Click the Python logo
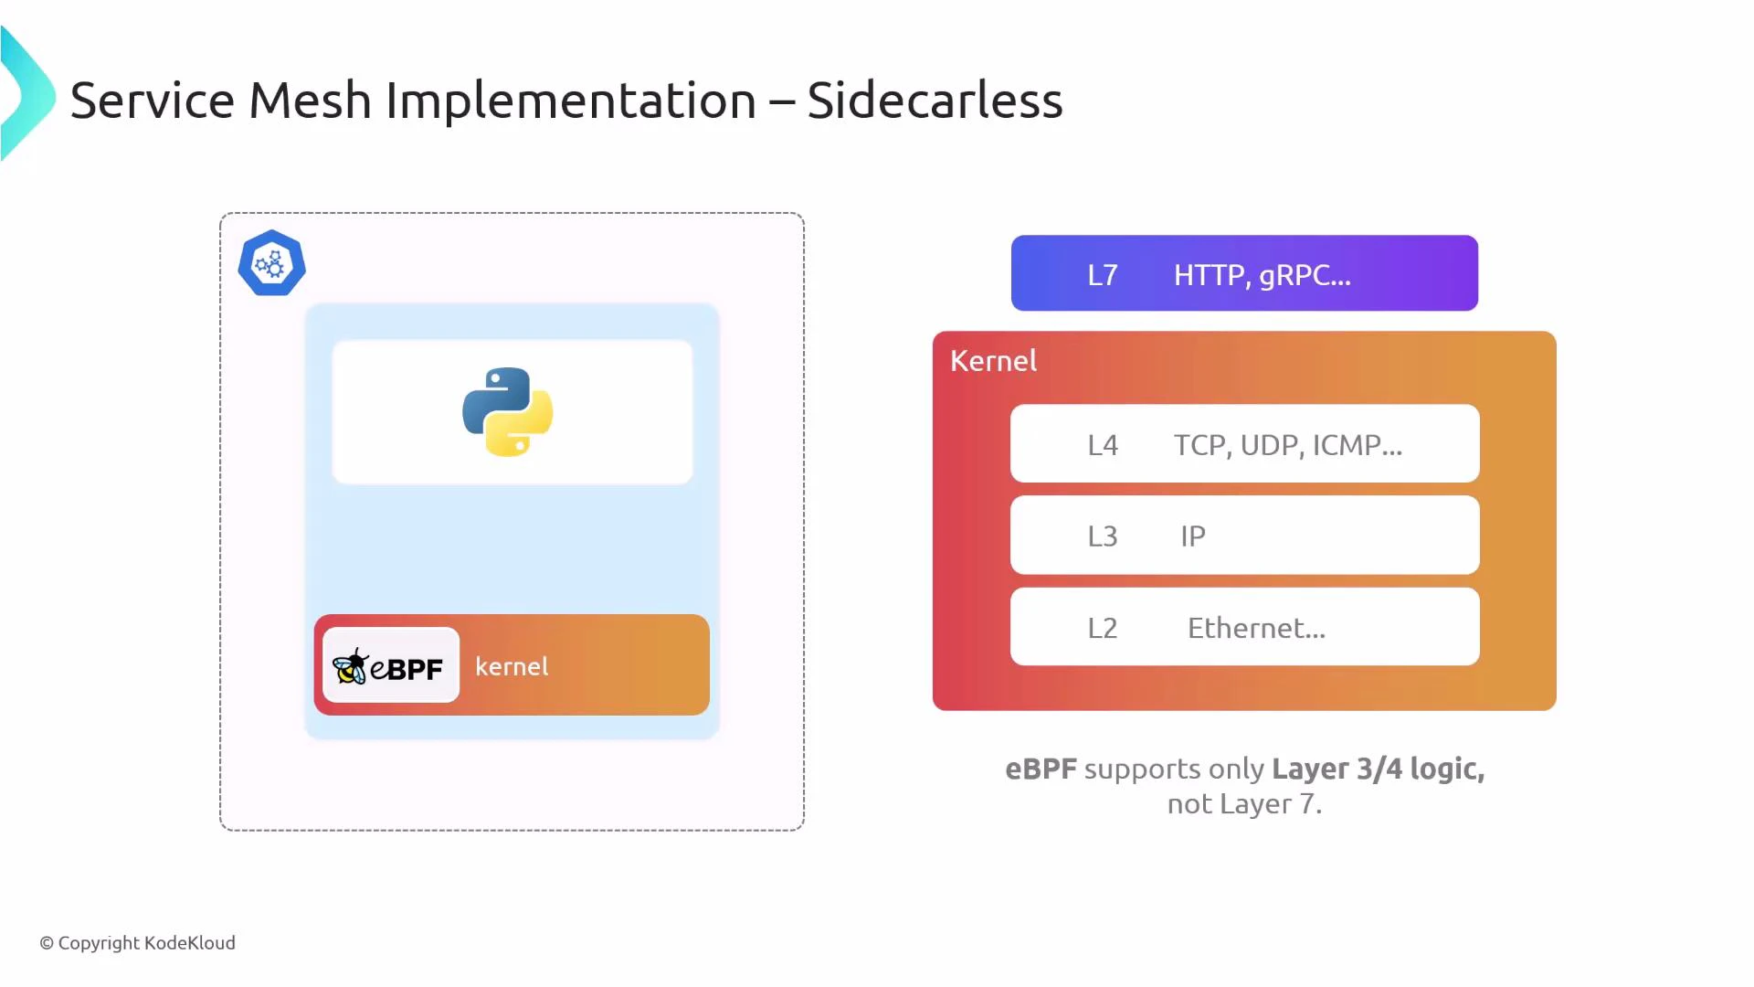point(508,411)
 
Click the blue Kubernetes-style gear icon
point(271,264)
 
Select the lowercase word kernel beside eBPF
point(512,666)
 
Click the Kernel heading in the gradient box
point(993,361)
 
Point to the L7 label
point(1102,275)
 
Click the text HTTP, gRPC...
point(1261,275)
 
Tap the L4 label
point(1102,445)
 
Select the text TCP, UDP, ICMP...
point(1286,445)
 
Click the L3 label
point(1102,536)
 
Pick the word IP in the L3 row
point(1192,536)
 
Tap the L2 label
point(1102,629)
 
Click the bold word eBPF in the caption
point(1041,769)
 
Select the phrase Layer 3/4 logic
point(1378,769)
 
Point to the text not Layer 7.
point(1244,804)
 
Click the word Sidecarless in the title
point(935,100)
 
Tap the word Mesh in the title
point(310,100)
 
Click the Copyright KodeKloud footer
point(137,942)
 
